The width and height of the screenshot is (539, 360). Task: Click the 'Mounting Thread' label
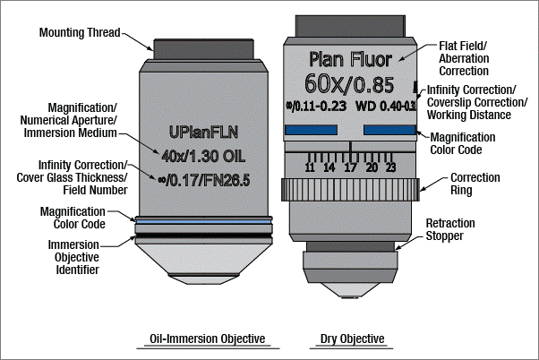[79, 33]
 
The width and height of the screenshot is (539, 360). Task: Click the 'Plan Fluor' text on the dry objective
[350, 60]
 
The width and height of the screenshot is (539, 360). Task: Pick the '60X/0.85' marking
[350, 85]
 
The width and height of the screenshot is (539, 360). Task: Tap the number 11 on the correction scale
[309, 167]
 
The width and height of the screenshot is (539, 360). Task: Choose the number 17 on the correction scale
[350, 167]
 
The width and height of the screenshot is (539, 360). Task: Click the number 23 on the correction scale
[391, 167]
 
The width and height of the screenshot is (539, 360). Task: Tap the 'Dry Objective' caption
[352, 339]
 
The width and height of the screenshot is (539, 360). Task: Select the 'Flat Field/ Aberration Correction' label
[465, 56]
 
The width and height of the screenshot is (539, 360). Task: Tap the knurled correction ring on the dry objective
[350, 190]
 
